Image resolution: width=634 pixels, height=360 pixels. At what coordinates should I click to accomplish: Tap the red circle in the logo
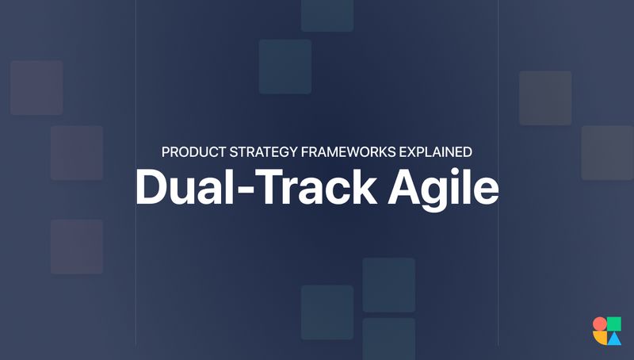click(599, 324)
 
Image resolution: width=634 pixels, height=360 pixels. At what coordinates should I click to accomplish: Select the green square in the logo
click(614, 324)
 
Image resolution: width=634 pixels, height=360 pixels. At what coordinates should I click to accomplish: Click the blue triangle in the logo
click(614, 339)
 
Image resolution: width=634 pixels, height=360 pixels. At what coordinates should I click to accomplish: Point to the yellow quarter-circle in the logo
click(600, 338)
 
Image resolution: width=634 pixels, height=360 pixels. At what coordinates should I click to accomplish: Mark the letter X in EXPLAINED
click(404, 151)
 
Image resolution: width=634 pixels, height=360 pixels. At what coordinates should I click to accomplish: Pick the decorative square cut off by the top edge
click(327, 14)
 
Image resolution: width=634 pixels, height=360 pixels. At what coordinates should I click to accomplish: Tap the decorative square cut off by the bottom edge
click(388, 339)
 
